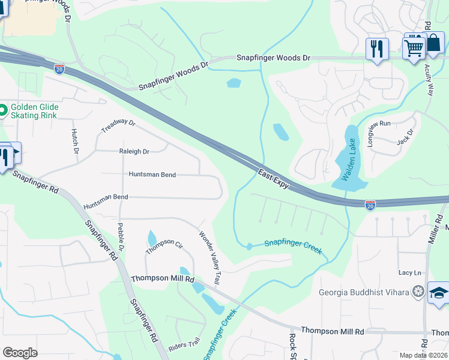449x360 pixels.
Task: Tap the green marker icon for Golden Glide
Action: click(3, 110)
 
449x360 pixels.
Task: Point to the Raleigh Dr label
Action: click(134, 152)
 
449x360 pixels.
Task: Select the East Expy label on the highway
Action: click(274, 180)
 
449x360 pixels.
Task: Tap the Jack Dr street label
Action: click(406, 137)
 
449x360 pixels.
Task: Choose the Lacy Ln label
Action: click(410, 272)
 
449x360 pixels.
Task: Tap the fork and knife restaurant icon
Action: click(377, 48)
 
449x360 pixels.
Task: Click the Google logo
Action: click(20, 353)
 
